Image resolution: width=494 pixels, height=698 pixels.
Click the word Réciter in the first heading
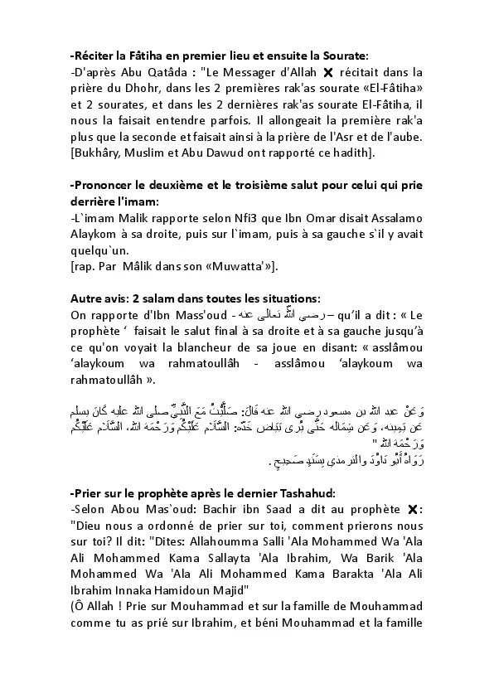coord(96,56)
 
